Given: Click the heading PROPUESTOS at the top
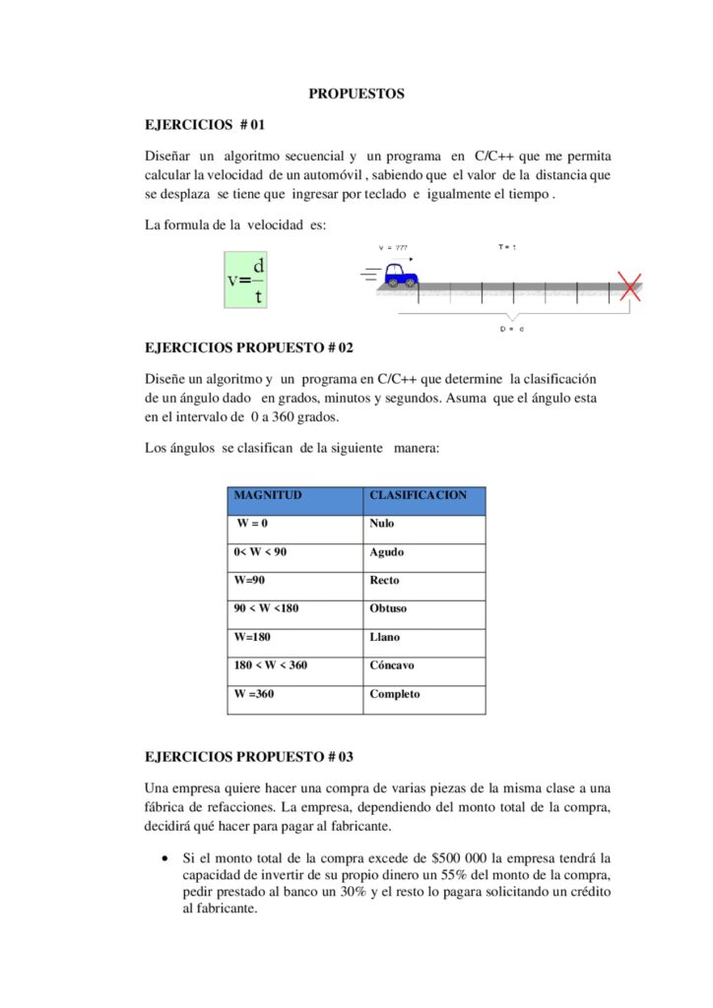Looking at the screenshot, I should [356, 94].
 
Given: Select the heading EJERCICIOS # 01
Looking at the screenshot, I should [205, 125].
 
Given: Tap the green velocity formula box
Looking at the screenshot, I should [246, 280].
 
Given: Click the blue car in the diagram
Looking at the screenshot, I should [400, 275].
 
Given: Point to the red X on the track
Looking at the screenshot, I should [626, 286].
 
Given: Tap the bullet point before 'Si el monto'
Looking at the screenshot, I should [162, 858].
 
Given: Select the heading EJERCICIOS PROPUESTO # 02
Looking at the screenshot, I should [248, 347].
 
